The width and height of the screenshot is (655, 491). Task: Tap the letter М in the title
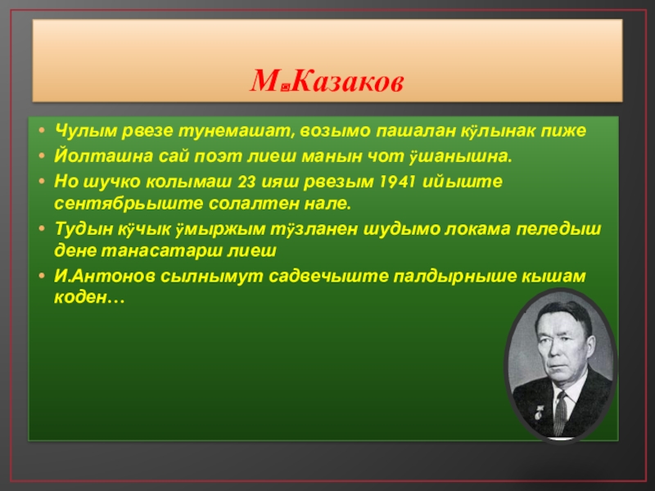click(x=264, y=81)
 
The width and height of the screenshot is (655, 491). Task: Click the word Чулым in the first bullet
click(x=86, y=131)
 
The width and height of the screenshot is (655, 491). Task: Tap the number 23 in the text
click(x=246, y=182)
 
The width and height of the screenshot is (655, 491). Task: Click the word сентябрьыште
click(x=129, y=204)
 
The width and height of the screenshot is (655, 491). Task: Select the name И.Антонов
click(x=105, y=277)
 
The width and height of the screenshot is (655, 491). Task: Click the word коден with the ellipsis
click(x=89, y=298)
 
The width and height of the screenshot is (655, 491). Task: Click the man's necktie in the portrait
click(x=561, y=412)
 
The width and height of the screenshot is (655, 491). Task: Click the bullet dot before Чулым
click(x=42, y=130)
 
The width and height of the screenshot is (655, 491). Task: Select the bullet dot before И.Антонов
click(x=42, y=276)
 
